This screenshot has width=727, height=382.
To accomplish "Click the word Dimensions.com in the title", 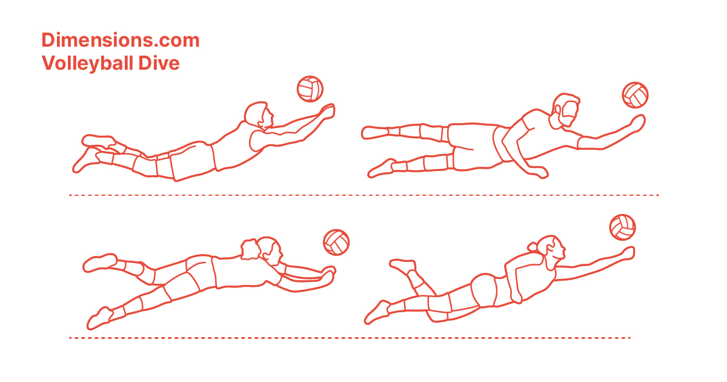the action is click(x=121, y=40).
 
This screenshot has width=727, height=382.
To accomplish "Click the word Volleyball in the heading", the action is click(x=87, y=63).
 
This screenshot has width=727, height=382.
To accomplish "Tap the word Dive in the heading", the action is click(x=159, y=63).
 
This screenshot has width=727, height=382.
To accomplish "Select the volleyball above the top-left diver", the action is click(x=310, y=89).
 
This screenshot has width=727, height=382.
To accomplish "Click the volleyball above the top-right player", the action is click(x=635, y=95).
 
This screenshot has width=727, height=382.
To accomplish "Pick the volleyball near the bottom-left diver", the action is click(x=336, y=243).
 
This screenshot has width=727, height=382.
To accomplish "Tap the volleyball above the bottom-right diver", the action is click(x=623, y=227).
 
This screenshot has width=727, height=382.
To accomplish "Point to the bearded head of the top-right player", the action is click(x=565, y=111).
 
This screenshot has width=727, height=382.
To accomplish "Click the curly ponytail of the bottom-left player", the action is click(x=250, y=249).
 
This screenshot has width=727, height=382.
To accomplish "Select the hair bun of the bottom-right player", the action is click(x=533, y=247).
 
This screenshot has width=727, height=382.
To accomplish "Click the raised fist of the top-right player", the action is click(x=637, y=123).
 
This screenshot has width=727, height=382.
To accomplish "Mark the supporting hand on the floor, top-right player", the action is click(x=538, y=172).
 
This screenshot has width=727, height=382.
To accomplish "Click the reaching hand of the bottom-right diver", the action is click(x=626, y=253).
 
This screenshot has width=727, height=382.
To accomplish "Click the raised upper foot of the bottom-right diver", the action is click(x=402, y=266).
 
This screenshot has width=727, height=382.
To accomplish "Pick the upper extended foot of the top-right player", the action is click(x=375, y=133).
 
